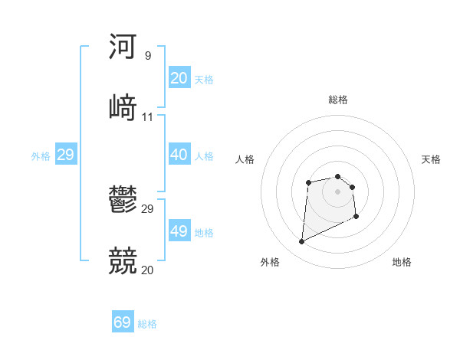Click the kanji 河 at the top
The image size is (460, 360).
pos(123,47)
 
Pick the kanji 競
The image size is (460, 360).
pos(123,261)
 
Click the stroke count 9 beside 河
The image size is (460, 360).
pos(148,56)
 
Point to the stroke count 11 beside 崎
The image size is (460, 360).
pos(148,117)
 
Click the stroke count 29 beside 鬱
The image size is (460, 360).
pos(148,209)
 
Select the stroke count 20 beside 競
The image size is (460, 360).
pos(148,270)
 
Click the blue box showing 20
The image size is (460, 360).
pos(179,78)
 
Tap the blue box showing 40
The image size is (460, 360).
pos(179,155)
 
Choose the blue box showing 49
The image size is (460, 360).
pos(179,231)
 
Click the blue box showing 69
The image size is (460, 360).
pos(122,322)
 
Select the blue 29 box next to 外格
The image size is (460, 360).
pos(65,155)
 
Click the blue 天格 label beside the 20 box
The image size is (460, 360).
pos(204,80)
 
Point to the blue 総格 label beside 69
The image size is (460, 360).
pos(147,324)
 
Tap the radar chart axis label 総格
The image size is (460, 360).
pos(338,100)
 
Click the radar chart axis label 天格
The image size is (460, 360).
pos(431,159)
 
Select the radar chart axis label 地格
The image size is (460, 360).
pos(402,262)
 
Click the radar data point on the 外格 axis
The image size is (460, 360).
pos(301,242)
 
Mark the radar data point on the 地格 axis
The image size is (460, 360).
pos(356,218)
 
